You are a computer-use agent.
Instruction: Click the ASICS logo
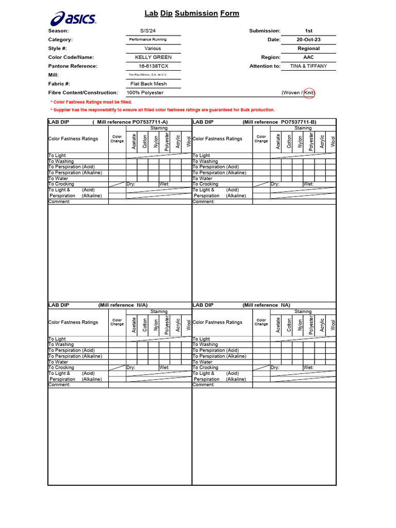tap(73, 19)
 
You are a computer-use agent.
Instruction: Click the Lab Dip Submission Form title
tap(192, 13)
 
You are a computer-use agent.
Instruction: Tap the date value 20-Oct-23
tap(308, 40)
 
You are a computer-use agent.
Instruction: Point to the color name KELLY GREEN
tap(153, 57)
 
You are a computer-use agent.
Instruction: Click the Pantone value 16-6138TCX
tap(153, 66)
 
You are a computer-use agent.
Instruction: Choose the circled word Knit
tap(309, 93)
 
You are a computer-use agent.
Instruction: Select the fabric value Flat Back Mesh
tap(152, 84)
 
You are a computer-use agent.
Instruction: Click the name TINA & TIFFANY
tap(308, 66)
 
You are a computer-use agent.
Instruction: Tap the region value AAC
tap(308, 57)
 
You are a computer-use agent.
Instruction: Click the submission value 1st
tap(308, 31)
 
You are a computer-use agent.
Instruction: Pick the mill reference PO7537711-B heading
tap(279, 122)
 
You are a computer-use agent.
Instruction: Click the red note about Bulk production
tap(162, 110)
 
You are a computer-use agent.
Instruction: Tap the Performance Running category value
tap(148, 40)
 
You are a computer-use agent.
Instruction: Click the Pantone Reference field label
tap(73, 66)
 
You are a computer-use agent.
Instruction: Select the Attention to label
tap(265, 66)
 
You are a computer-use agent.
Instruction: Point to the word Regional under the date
tap(308, 48)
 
